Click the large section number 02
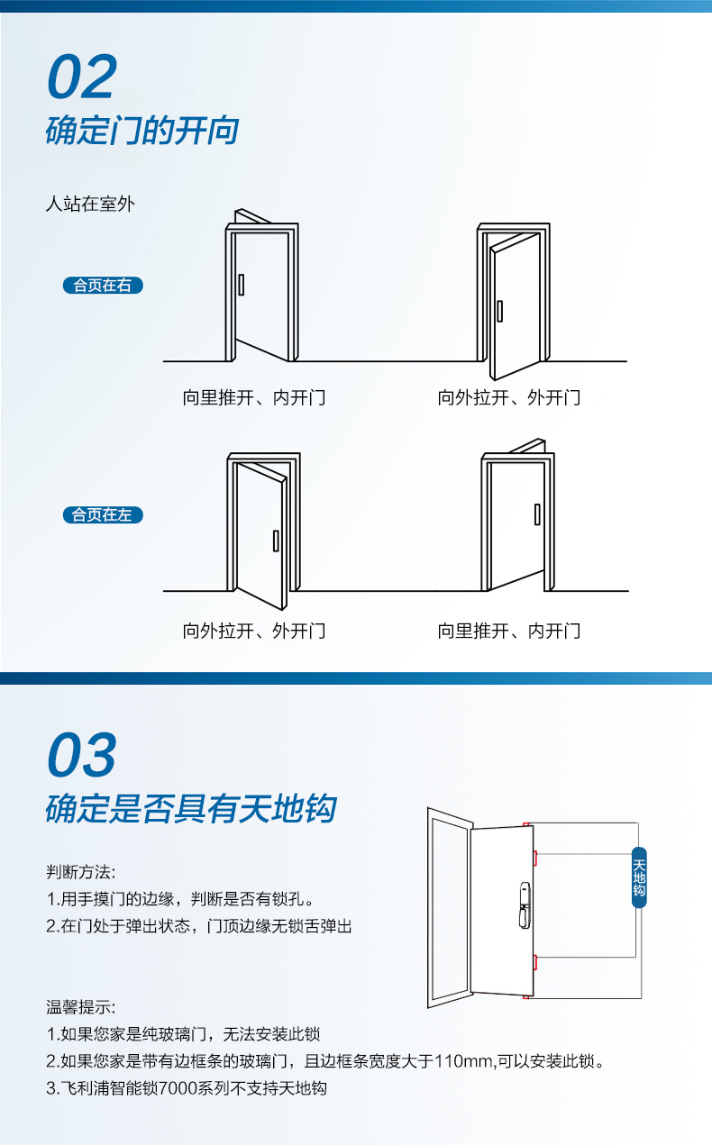pyautogui.click(x=82, y=77)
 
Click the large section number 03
pyautogui.click(x=82, y=754)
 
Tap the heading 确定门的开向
pyautogui.click(x=141, y=130)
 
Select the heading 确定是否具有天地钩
pyautogui.click(x=191, y=809)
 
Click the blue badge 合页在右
pyautogui.click(x=103, y=286)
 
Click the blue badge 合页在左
pyautogui.click(x=103, y=514)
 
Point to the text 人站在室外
pyautogui.click(x=90, y=204)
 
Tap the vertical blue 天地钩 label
pyautogui.click(x=639, y=877)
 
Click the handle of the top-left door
pyautogui.click(x=241, y=285)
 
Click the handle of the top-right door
pyautogui.click(x=499, y=311)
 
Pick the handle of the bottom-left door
pyautogui.click(x=276, y=541)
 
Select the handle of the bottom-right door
pyautogui.click(x=537, y=514)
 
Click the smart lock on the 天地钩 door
pyautogui.click(x=525, y=905)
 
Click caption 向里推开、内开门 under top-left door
pyautogui.click(x=254, y=397)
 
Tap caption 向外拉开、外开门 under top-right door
pyautogui.click(x=509, y=397)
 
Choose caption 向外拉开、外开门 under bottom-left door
pyautogui.click(x=254, y=631)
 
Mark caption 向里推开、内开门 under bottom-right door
pyautogui.click(x=509, y=631)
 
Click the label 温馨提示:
pyautogui.click(x=81, y=1007)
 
